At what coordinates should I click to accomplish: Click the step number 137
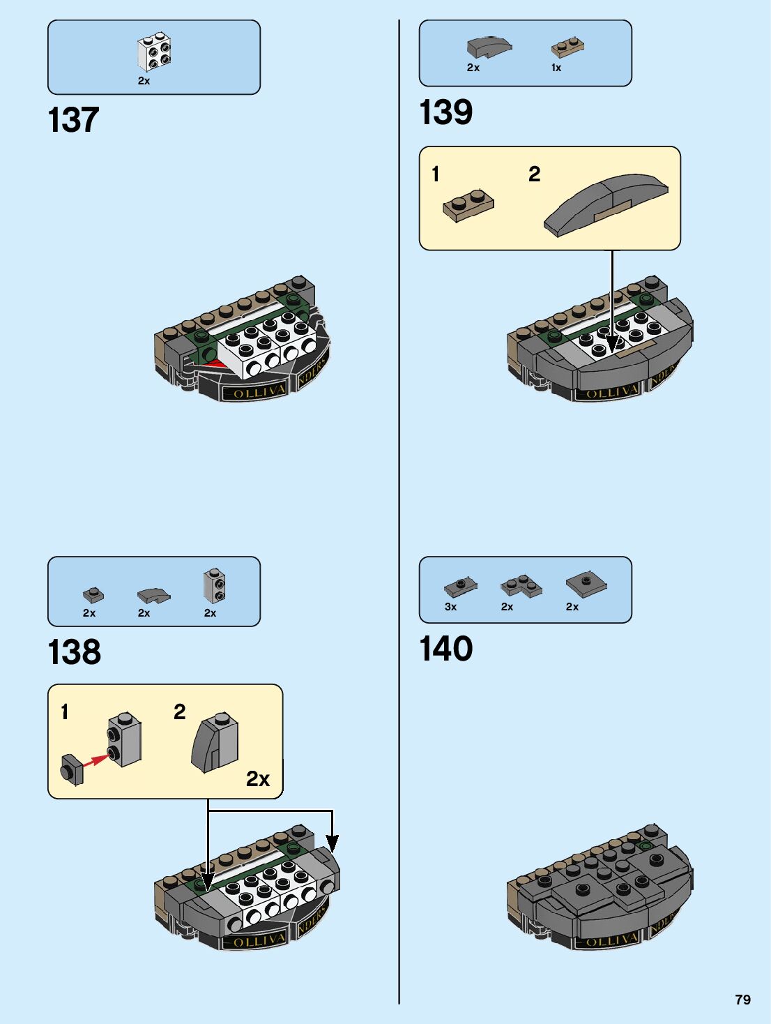tap(73, 120)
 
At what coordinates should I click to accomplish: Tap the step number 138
tap(75, 653)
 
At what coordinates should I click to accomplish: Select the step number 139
tap(446, 112)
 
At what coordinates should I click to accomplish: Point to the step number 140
tap(446, 649)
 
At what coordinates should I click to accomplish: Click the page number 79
tap(743, 1000)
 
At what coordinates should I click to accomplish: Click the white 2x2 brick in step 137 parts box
tap(155, 52)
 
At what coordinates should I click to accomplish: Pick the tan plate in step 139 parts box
tap(567, 47)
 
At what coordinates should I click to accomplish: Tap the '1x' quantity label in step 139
tap(556, 68)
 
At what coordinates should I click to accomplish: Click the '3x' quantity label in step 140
tap(451, 607)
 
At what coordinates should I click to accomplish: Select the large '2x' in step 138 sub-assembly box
tap(258, 778)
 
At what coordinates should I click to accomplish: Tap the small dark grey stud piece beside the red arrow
tap(72, 769)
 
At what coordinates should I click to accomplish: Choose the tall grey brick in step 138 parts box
tap(215, 586)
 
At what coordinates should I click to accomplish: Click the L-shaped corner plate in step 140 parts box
tap(521, 586)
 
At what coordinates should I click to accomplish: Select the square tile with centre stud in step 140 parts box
tap(586, 582)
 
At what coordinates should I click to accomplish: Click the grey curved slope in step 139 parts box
tap(489, 47)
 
